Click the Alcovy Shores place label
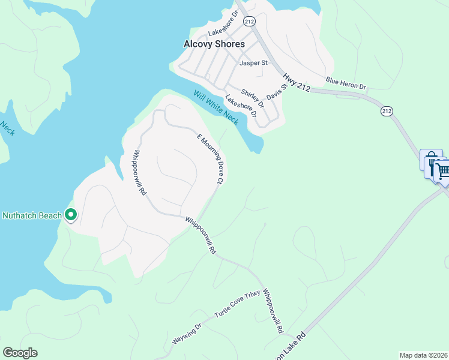coord(214,44)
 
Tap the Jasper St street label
coord(253,62)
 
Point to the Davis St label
coord(274,94)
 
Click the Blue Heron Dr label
coord(345,83)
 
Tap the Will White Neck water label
coord(215,107)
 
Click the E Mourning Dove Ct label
coord(211,159)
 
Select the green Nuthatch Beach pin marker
coord(71,214)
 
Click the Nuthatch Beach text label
coord(32,215)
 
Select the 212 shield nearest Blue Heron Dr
coord(387,111)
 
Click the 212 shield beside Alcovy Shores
coord(250,21)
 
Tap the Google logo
coord(20,353)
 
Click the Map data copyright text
coord(424,355)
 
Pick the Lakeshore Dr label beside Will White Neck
coord(241,106)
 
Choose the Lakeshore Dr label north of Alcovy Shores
coord(223,32)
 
